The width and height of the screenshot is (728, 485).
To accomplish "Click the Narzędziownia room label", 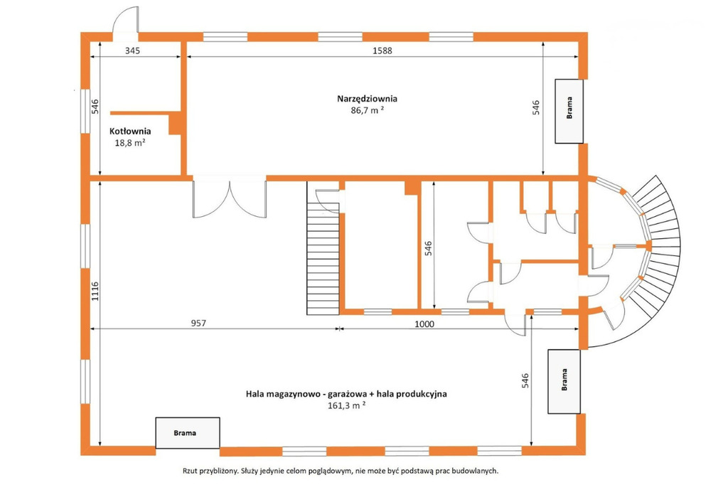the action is [367, 99].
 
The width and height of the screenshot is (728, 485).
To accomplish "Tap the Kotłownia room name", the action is [130, 132].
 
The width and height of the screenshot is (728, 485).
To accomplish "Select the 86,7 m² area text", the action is [367, 110].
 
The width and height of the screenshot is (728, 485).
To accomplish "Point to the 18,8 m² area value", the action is [130, 143].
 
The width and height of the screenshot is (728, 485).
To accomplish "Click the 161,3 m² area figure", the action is [346, 405].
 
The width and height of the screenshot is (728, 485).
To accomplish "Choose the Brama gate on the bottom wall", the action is [188, 433].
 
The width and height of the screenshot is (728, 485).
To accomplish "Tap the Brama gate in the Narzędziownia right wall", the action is [569, 111].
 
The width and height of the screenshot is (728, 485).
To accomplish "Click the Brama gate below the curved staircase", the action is [564, 381].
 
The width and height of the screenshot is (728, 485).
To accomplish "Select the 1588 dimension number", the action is [382, 50].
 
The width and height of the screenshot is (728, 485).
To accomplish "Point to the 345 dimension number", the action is [132, 50].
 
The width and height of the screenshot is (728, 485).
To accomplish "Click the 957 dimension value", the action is [198, 323].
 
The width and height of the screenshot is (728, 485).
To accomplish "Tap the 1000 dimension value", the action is [424, 324].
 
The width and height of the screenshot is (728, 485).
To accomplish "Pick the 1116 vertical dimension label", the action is [95, 292].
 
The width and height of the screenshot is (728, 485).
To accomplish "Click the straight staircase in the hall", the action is [323, 248].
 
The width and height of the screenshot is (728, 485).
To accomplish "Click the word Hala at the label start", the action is [255, 394].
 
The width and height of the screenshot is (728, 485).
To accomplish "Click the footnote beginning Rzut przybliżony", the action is [341, 471].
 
